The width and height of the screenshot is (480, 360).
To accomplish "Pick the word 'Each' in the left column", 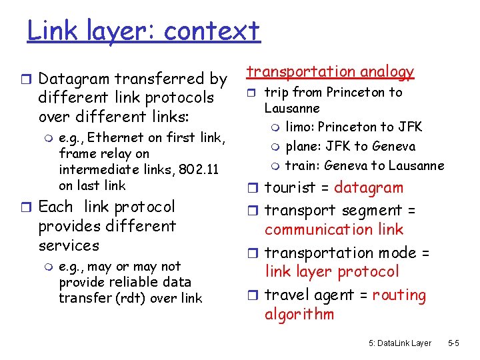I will coord(55,207).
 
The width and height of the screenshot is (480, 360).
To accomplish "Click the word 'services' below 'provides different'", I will coord(69,245).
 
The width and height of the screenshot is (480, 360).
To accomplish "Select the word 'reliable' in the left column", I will coord(127,282).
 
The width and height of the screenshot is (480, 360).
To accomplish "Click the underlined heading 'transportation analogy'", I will coord(331,71).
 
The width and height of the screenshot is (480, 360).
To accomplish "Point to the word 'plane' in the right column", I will coord(301,146).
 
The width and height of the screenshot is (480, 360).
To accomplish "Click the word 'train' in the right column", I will coord(299,165).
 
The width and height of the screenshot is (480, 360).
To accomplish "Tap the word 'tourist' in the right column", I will coord(289,188).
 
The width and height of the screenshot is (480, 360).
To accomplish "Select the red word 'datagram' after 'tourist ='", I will coord(369,188).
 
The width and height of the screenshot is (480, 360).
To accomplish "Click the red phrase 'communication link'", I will coord(334,229).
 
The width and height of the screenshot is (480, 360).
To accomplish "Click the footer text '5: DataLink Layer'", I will coord(399,343).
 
